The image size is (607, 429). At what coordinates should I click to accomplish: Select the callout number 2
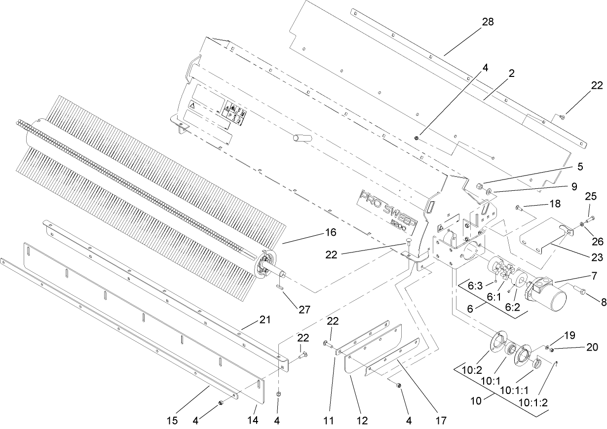pyautogui.click(x=512, y=73)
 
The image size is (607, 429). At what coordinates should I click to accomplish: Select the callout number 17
pyautogui.click(x=441, y=421)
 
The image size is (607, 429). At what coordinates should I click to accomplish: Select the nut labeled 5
pyautogui.click(x=479, y=187)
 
